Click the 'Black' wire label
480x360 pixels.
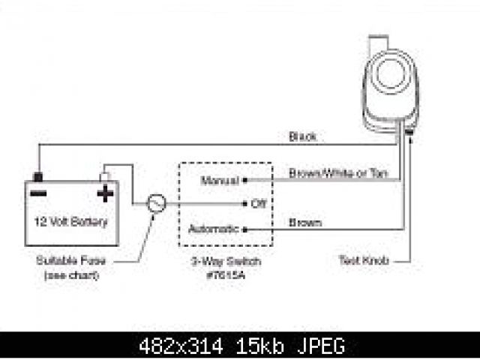coord(302,137)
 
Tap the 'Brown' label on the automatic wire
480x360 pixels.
coord(304,223)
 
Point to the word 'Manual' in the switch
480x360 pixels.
coord(219,181)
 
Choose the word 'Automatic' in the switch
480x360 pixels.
coord(213,229)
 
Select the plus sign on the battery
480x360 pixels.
coord(105,194)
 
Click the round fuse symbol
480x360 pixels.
coord(155,204)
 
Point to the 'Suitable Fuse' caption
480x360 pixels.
coord(67,261)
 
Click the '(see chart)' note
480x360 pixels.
coord(67,274)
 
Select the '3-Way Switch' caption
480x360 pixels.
coord(226,262)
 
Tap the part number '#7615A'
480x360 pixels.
coord(226,274)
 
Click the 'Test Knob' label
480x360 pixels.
coord(364,262)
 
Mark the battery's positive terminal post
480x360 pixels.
coord(106,177)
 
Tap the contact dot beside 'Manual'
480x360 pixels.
coord(246,181)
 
